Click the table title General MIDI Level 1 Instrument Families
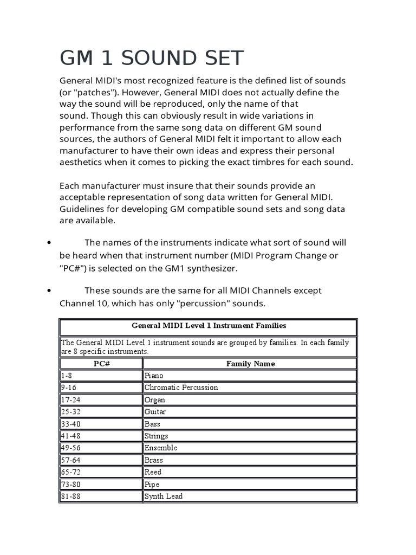tap(209, 326)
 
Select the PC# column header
tap(101, 364)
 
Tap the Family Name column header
tap(250, 364)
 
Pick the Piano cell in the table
tap(154, 376)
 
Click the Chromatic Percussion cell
tap(181, 388)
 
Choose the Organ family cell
tap(155, 400)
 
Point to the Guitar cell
tap(155, 412)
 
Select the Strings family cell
tap(157, 436)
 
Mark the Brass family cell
tap(154, 460)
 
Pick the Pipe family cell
tap(152, 485)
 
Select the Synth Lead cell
tap(163, 496)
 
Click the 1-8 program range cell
tap(67, 376)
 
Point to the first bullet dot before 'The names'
tap(49, 243)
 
